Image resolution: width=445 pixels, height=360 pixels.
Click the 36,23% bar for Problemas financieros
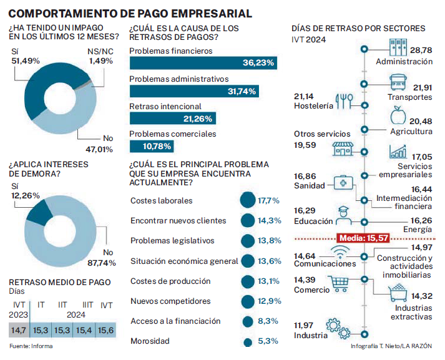pos(203,63)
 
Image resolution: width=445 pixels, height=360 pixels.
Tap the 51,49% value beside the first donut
pos(26,61)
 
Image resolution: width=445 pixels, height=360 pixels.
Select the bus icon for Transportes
pos(399,82)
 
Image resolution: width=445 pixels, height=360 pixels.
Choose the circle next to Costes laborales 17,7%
pos(248,201)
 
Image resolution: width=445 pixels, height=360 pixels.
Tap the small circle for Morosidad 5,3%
pos(248,342)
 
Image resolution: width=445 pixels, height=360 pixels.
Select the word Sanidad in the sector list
pos(309,186)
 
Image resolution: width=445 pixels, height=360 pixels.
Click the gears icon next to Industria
pos(341,329)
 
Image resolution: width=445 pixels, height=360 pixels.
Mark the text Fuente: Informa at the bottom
pos(31,346)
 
